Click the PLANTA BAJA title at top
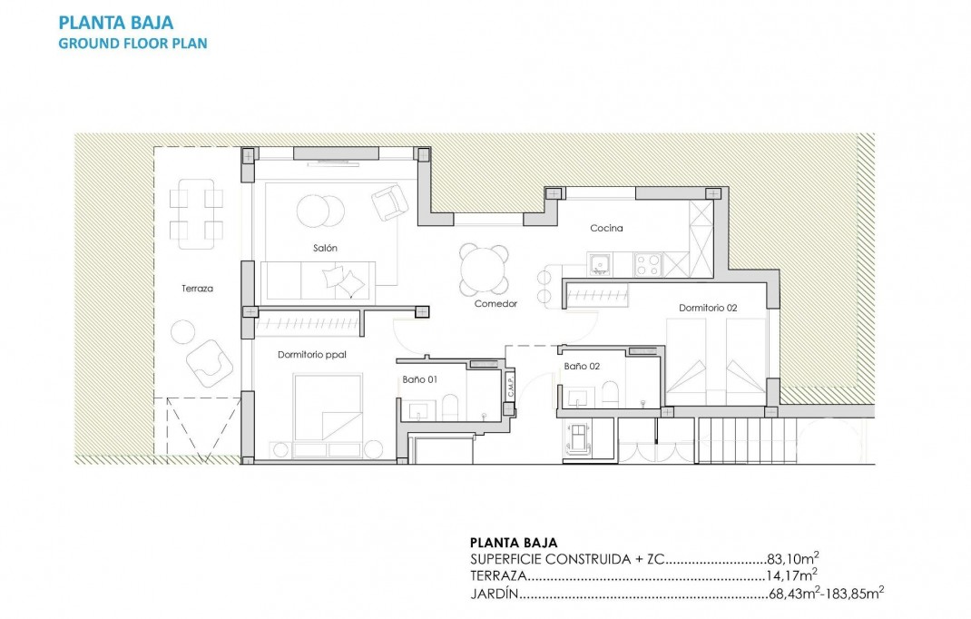click(115, 22)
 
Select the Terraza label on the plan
click(197, 288)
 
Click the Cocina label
click(606, 228)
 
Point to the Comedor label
click(495, 303)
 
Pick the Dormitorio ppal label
click(314, 355)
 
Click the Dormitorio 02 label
click(708, 308)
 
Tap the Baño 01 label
click(420, 379)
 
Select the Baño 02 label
click(582, 366)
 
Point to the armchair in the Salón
click(389, 201)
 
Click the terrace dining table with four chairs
click(197, 213)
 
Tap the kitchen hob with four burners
click(648, 264)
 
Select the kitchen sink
click(599, 264)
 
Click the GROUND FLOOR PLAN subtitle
click(132, 43)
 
